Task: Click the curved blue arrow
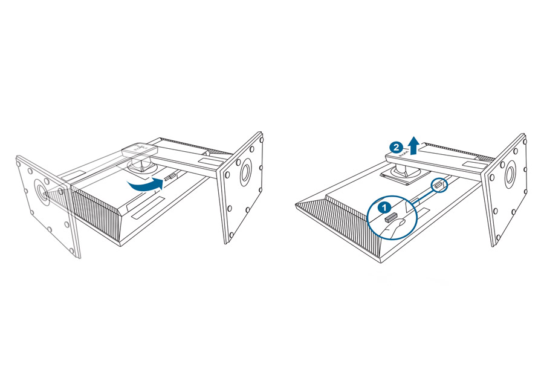coord(144,186)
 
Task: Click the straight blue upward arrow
coord(413,145)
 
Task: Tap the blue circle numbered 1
coord(383,208)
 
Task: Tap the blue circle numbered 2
coord(395,147)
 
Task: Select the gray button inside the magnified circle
coord(390,217)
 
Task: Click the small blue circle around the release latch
coord(439,185)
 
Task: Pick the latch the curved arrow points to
coord(169,177)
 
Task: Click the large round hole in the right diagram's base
coord(511,172)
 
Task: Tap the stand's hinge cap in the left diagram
coord(140,149)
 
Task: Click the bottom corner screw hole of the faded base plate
coord(71,250)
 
